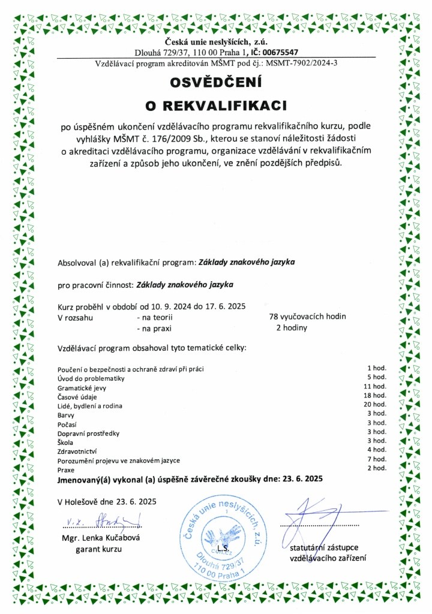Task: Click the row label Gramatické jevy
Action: tap(81, 388)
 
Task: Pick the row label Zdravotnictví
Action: tap(77, 450)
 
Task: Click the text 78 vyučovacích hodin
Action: tap(308, 316)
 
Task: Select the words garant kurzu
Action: tap(98, 549)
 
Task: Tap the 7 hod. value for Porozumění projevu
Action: tap(379, 459)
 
